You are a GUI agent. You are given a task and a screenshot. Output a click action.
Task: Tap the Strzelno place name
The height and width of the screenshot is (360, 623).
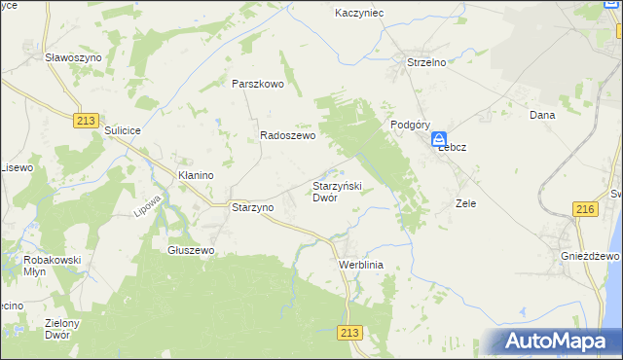pos(425,62)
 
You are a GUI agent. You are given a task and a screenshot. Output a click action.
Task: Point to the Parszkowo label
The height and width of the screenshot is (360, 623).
pos(257,84)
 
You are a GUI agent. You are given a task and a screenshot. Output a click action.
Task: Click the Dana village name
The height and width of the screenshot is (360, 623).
pos(541,115)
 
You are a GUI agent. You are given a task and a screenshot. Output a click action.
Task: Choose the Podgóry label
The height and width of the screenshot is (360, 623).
pos(411,125)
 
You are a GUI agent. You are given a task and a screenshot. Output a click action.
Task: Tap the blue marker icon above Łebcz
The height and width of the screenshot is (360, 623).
pos(440,139)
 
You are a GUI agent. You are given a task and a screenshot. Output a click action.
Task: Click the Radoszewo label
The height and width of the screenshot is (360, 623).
pos(287,137)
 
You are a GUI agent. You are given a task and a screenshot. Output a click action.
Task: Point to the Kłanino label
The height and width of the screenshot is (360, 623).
pos(196,174)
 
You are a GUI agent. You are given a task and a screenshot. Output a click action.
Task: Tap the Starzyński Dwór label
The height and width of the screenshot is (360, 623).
pos(337,192)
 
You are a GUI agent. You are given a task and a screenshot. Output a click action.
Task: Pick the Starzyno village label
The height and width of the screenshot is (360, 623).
pos(252,207)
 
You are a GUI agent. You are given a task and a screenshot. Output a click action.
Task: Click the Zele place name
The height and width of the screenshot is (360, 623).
pos(465,204)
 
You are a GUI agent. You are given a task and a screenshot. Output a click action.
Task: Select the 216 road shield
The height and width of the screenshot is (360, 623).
pos(585,210)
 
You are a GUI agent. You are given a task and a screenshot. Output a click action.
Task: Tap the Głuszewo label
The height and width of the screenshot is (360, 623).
pos(191,250)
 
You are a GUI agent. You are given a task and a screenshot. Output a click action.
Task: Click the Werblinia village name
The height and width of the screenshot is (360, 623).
pos(362,265)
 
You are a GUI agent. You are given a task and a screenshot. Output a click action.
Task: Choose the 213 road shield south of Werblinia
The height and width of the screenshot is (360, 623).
pos(351,333)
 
